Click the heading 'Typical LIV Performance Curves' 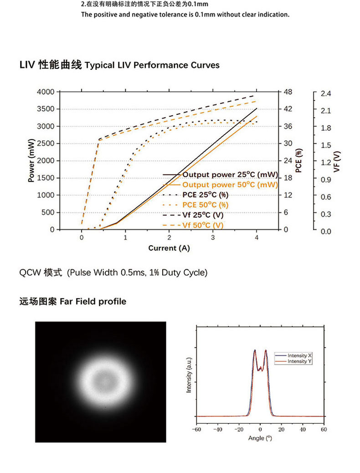pyautogui.click(x=152, y=65)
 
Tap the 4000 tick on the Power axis pyautogui.click(x=46, y=92)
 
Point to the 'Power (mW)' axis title pyautogui.click(x=31, y=160)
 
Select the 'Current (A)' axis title pyautogui.click(x=169, y=248)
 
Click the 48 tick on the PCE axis pyautogui.click(x=288, y=92)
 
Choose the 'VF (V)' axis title pyautogui.click(x=337, y=161)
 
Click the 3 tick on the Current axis pyautogui.click(x=213, y=237)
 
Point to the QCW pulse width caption pyautogui.click(x=113, y=273)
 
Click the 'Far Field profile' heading pyautogui.click(x=93, y=302)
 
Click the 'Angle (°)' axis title pyautogui.click(x=260, y=438)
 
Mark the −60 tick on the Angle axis pyautogui.click(x=195, y=429)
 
